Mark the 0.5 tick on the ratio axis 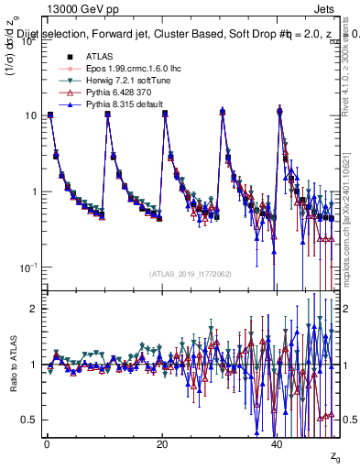[x=30, y=420]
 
